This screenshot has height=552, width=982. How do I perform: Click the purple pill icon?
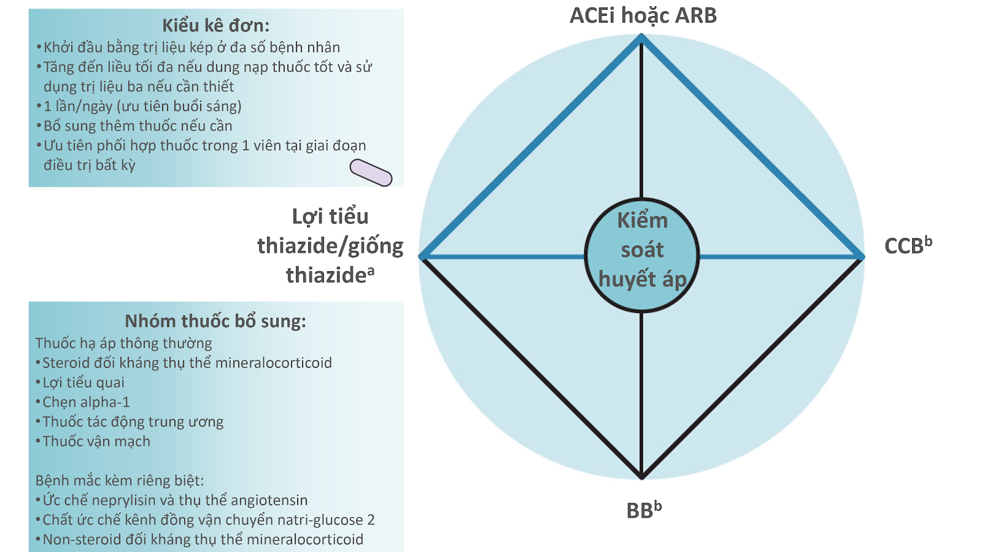[371, 172]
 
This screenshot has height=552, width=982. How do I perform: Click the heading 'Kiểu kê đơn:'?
[215, 25]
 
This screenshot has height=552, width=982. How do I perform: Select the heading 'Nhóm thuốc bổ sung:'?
[215, 321]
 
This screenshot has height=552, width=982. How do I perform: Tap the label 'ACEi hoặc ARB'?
[643, 16]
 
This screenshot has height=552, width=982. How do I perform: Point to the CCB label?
[908, 245]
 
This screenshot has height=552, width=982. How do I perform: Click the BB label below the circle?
[644, 510]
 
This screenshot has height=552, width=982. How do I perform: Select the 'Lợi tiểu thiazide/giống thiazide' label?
[330, 246]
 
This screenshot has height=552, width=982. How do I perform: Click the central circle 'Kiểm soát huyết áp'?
[642, 255]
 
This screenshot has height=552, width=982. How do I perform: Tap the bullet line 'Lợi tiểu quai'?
[80, 383]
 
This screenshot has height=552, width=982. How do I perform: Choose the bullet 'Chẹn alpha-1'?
[82, 402]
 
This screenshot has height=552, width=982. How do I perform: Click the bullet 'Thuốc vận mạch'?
[93, 441]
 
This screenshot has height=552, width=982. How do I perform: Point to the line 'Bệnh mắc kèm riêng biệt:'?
[120, 481]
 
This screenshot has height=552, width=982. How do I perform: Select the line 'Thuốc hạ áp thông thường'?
[123, 343]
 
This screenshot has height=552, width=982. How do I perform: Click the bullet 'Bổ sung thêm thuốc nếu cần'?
[134, 126]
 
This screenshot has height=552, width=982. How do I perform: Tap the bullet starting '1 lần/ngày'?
[139, 107]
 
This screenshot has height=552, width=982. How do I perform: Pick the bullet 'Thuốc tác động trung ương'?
[130, 421]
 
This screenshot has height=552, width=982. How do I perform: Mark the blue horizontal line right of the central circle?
[781, 257]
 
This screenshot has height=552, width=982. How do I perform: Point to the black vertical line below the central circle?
[641, 394]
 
